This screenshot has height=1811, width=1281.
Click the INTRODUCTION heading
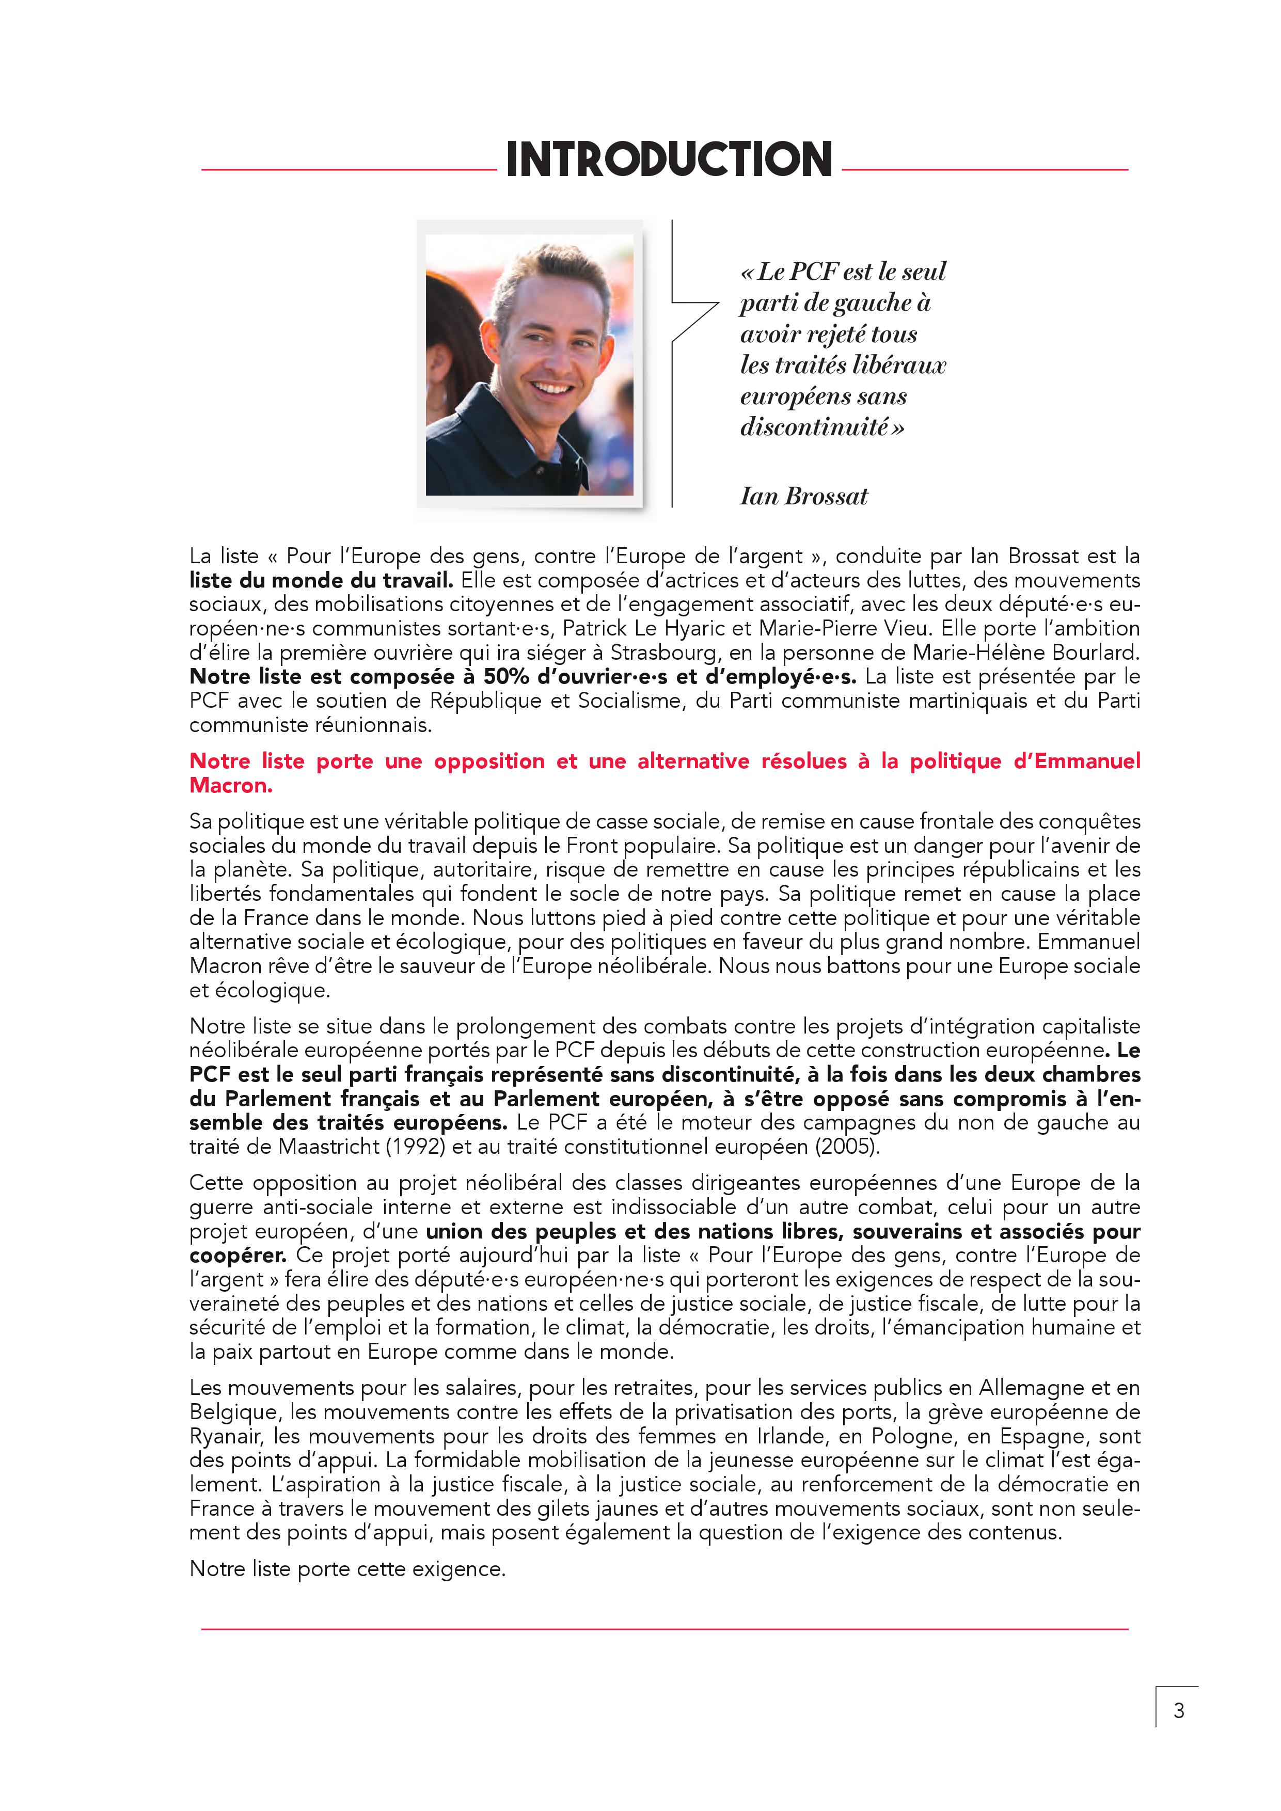[669, 160]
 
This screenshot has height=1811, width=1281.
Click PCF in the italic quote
[813, 272]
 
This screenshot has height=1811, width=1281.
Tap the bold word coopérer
[238, 1256]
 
